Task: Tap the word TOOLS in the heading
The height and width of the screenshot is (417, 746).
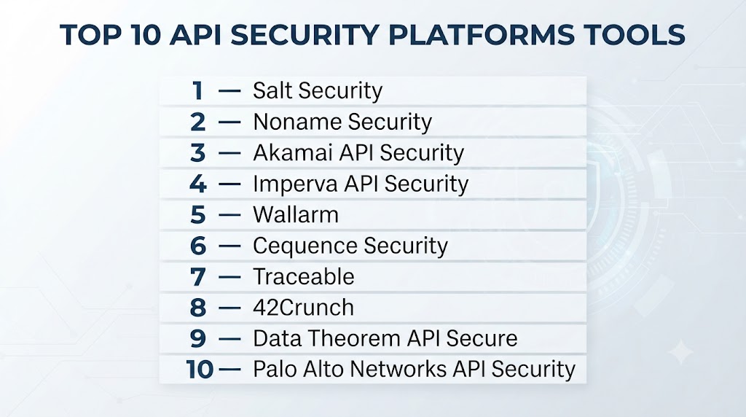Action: [635, 35]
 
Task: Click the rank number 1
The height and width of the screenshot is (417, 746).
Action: [198, 90]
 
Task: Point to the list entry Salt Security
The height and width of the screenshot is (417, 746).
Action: [318, 90]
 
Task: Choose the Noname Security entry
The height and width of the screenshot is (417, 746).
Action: [342, 122]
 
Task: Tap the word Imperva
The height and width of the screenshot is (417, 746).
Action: [295, 184]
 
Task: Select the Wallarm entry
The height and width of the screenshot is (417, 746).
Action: [296, 214]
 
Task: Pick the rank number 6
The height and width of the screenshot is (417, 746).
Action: [198, 246]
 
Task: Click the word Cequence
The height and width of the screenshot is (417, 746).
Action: [305, 246]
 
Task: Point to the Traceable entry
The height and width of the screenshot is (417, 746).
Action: [304, 276]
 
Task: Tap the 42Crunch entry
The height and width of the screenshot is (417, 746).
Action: [303, 308]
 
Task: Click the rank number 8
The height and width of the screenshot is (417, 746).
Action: [198, 308]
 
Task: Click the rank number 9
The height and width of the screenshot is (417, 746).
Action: [198, 338]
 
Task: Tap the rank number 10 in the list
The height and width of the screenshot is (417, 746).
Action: [200, 370]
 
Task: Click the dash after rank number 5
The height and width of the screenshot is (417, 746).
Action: [229, 215]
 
